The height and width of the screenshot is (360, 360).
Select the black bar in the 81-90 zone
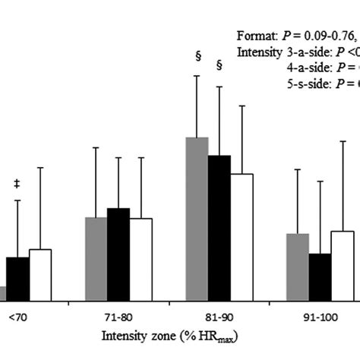point(219,228)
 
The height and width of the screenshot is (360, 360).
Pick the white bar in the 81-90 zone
point(242,237)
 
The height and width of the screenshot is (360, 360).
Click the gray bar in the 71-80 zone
point(96,259)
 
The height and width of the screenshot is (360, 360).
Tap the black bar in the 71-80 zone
point(118,254)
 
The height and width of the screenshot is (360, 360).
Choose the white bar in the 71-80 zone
point(141,259)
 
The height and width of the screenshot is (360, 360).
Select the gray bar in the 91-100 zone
point(297,267)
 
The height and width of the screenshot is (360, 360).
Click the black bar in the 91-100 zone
point(320,276)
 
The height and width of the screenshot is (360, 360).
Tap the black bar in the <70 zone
point(17,279)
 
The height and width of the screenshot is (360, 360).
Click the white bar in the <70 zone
point(39,274)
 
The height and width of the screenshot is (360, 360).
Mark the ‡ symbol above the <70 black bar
point(17,183)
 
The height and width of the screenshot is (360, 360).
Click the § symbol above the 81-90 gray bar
point(197,55)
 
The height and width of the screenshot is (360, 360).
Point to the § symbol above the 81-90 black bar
point(219,65)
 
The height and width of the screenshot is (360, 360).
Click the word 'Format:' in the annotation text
point(256,36)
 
